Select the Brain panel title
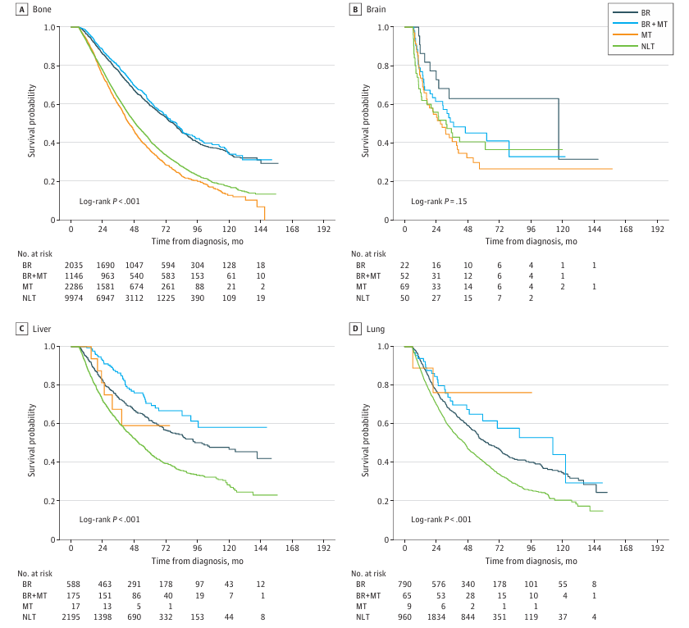tap(375, 10)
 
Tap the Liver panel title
tap(43, 330)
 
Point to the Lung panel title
tap(374, 330)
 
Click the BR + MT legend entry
tap(651, 25)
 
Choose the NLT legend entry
tap(646, 48)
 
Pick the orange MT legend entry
tap(645, 37)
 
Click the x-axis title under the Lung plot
tap(531, 561)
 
